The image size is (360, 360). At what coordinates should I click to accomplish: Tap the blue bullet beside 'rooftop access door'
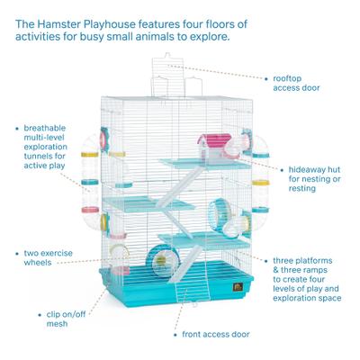[266, 77]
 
